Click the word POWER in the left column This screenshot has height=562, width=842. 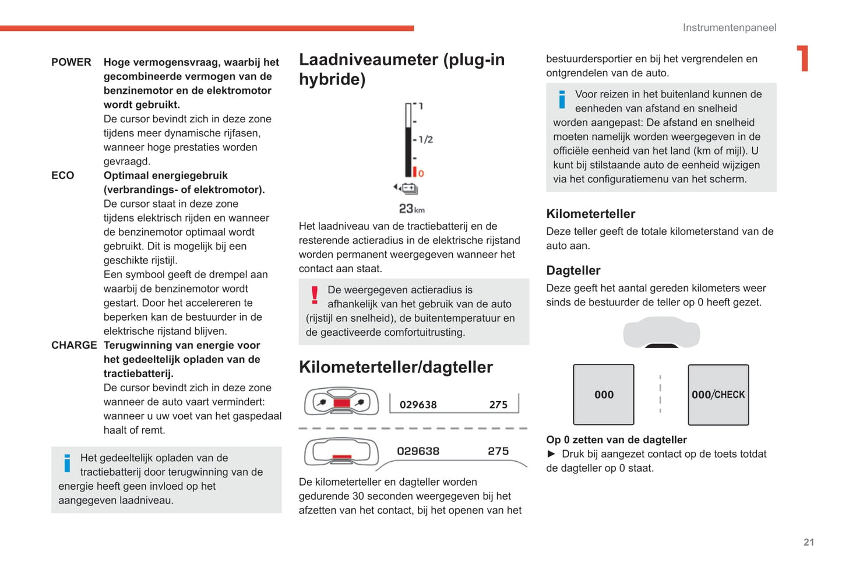click(71, 62)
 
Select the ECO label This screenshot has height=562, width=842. click(63, 175)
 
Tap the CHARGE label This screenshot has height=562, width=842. click(74, 345)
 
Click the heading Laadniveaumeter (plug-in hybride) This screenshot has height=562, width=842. click(401, 69)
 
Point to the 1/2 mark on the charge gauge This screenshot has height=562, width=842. click(425, 140)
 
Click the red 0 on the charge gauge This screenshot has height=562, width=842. click(421, 173)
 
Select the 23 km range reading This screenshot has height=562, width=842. click(411, 209)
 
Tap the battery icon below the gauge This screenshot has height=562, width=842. click(410, 188)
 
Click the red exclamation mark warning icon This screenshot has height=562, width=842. click(315, 296)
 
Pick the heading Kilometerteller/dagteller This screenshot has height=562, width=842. click(396, 367)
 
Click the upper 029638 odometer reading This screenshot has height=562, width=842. click(418, 405)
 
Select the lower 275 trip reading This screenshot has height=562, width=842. click(498, 451)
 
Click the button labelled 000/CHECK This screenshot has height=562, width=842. click(718, 395)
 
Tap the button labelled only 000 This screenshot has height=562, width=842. click(604, 395)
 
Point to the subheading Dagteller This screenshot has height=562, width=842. click(573, 271)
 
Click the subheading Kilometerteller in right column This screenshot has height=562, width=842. click(590, 214)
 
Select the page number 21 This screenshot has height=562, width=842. click(808, 542)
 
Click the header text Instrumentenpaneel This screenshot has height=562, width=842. click(729, 28)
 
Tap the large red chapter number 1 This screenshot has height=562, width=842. click(803, 59)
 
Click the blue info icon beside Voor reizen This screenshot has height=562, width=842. click(562, 100)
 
